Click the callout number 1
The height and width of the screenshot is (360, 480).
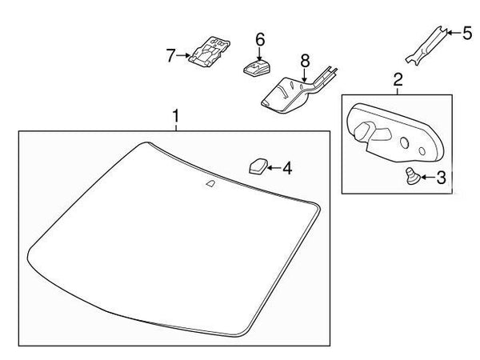[x=175, y=116]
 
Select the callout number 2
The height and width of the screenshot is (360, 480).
[x=398, y=80]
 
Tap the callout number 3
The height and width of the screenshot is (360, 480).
[x=441, y=178]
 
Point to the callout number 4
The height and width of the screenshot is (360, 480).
[x=287, y=168]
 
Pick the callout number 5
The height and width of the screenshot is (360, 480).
[x=467, y=33]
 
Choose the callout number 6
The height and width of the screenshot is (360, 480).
[x=260, y=40]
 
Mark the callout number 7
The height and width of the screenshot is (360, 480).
[x=171, y=55]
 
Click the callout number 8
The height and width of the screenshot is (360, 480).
[x=305, y=61]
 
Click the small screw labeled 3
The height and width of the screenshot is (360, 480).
[x=411, y=176]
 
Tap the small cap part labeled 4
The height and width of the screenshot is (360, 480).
[x=258, y=166]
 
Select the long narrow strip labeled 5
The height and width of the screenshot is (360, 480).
[x=426, y=46]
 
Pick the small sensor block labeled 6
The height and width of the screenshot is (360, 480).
[x=257, y=68]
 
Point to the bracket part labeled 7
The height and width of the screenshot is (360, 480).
[x=209, y=51]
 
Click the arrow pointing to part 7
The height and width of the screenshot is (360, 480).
[x=183, y=55]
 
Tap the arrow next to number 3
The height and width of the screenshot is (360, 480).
[x=428, y=177]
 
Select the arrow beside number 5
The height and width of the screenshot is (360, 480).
[x=454, y=32]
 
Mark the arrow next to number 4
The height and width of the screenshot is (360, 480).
[x=274, y=168]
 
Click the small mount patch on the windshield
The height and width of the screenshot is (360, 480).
[x=210, y=184]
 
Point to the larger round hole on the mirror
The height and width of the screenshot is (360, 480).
[x=404, y=142]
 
